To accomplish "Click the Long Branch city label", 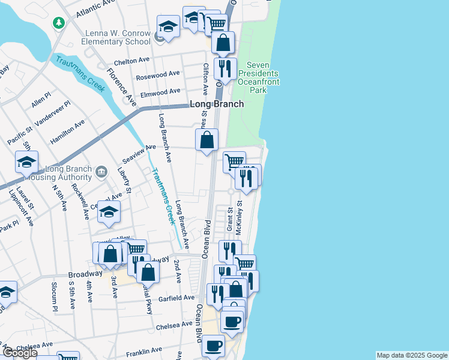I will (x=217, y=104).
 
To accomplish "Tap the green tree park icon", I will (x=59, y=23).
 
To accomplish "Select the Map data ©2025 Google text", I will (x=411, y=355).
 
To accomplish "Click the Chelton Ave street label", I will (x=131, y=60).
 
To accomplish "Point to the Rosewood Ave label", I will (x=158, y=75).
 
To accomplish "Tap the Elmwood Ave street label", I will (x=160, y=92).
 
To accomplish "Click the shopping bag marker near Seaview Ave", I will (x=206, y=141).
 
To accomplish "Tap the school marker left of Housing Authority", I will (x=26, y=163).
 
